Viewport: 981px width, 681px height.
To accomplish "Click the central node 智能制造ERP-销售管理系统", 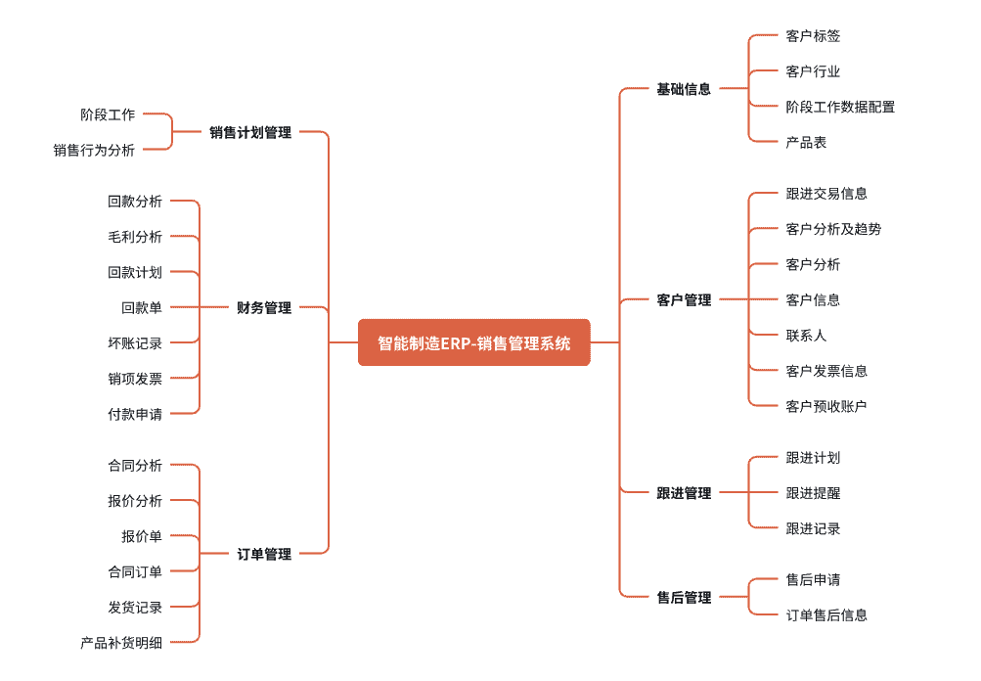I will pyautogui.click(x=474, y=342).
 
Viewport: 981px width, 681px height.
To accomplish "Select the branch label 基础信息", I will pyautogui.click(x=684, y=89).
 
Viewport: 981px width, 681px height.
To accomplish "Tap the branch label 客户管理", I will pyautogui.click(x=684, y=300).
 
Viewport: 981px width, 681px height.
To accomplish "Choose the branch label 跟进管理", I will pyautogui.click(x=684, y=493).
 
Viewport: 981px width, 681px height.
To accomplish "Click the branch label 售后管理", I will pyautogui.click(x=684, y=598).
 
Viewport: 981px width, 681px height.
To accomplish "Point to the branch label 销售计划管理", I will pyautogui.click(x=250, y=132).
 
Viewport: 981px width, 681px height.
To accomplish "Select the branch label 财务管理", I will pyautogui.click(x=264, y=308).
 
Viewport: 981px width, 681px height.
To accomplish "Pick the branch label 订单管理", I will pyautogui.click(x=264, y=555).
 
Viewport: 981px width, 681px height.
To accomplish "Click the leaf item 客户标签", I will pyautogui.click(x=813, y=36).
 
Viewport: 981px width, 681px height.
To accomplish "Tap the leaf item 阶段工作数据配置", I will pyautogui.click(x=840, y=107).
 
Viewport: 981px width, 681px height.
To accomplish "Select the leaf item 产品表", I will pyautogui.click(x=806, y=142).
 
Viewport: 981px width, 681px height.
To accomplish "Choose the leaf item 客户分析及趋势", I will pyautogui.click(x=833, y=229).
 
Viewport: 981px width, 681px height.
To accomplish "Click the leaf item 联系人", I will pyautogui.click(x=806, y=336).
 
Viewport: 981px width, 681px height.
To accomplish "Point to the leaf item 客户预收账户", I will pyautogui.click(x=826, y=406).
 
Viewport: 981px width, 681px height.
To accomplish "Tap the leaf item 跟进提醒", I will pyautogui.click(x=813, y=493).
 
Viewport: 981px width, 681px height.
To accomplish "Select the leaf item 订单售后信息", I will pyautogui.click(x=826, y=615).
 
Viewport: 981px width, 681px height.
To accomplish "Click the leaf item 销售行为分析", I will pyautogui.click(x=94, y=150).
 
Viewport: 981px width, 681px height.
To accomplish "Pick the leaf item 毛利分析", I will pyautogui.click(x=135, y=237).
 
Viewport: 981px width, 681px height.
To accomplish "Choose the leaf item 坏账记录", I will pyautogui.click(x=135, y=343).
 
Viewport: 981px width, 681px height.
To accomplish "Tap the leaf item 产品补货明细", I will pyautogui.click(x=121, y=643).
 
